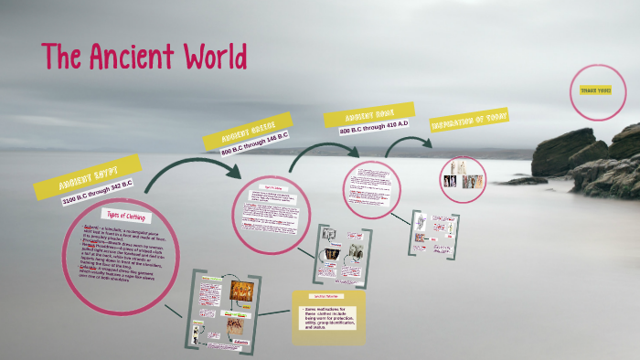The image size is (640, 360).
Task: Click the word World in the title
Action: [211, 57]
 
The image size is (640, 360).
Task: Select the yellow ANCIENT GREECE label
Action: [254, 131]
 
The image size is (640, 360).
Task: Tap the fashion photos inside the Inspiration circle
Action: [463, 174]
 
